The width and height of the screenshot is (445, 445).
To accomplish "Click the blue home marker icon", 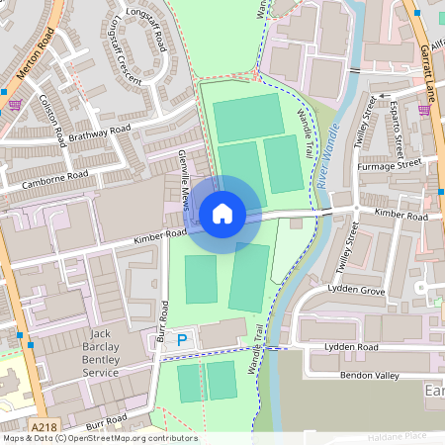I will click(x=222, y=213).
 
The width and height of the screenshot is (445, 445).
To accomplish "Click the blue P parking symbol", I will click(x=181, y=340).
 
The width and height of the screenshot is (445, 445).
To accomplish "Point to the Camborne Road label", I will click(x=57, y=178).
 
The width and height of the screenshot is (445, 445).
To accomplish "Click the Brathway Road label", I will click(x=99, y=133).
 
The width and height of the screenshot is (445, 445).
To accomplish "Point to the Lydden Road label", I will click(x=353, y=348).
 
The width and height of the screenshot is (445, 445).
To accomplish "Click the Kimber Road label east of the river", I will click(x=400, y=215).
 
